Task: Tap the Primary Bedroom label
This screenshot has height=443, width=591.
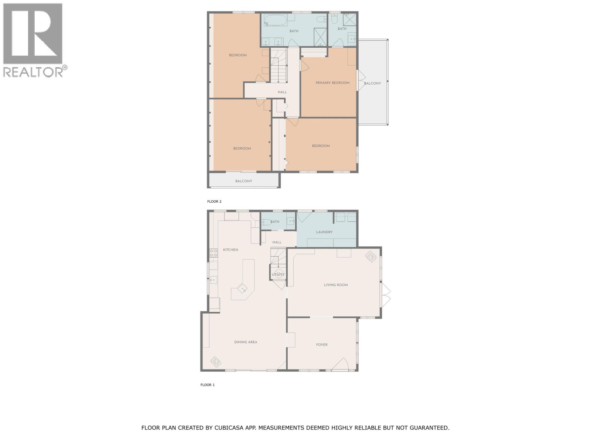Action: [x=332, y=83]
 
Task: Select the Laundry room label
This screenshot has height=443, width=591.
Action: [x=324, y=232]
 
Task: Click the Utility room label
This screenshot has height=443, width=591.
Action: [x=278, y=275]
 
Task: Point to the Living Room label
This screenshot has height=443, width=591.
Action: [x=336, y=285]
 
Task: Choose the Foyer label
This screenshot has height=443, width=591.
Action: [x=322, y=345]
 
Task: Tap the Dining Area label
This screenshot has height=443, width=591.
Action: [x=246, y=342]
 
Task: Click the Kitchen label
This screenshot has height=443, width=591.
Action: [x=230, y=250]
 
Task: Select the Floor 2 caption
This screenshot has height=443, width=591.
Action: [x=214, y=202]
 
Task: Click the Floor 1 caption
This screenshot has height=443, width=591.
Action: [x=207, y=385]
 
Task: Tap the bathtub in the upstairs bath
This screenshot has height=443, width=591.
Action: [x=275, y=20]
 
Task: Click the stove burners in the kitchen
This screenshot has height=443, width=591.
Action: [x=213, y=253]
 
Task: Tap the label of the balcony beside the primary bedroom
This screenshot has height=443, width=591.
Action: [x=372, y=83]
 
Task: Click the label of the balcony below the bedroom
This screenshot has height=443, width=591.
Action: [x=244, y=181]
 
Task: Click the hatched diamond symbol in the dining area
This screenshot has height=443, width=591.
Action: [x=215, y=362]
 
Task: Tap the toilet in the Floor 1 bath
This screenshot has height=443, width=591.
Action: [x=265, y=222]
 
